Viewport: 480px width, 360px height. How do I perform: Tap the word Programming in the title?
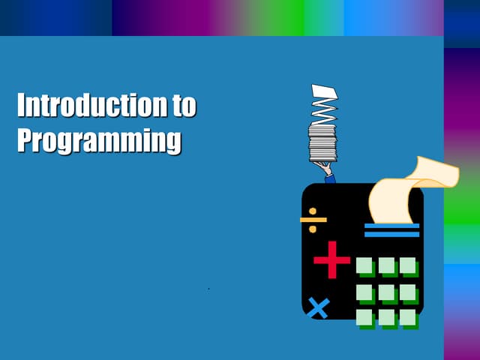(99, 140)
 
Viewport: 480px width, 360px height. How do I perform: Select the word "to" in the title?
(184, 106)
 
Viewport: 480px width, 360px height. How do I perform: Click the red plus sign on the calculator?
(331, 260)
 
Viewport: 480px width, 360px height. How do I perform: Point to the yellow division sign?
(313, 220)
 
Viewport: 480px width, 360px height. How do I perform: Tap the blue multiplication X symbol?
(319, 307)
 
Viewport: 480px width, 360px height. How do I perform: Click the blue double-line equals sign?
(391, 230)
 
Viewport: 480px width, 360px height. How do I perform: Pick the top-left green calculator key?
(365, 266)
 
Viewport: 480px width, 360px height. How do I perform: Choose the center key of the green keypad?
(387, 292)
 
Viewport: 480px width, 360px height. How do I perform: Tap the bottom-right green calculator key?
(408, 317)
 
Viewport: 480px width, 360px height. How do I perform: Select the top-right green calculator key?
(408, 266)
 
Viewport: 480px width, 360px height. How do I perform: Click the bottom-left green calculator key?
(365, 317)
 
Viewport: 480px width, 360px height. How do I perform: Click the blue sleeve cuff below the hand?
(331, 179)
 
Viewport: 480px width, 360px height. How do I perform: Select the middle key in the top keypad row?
(387, 266)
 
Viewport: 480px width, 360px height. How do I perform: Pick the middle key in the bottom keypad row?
(387, 317)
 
